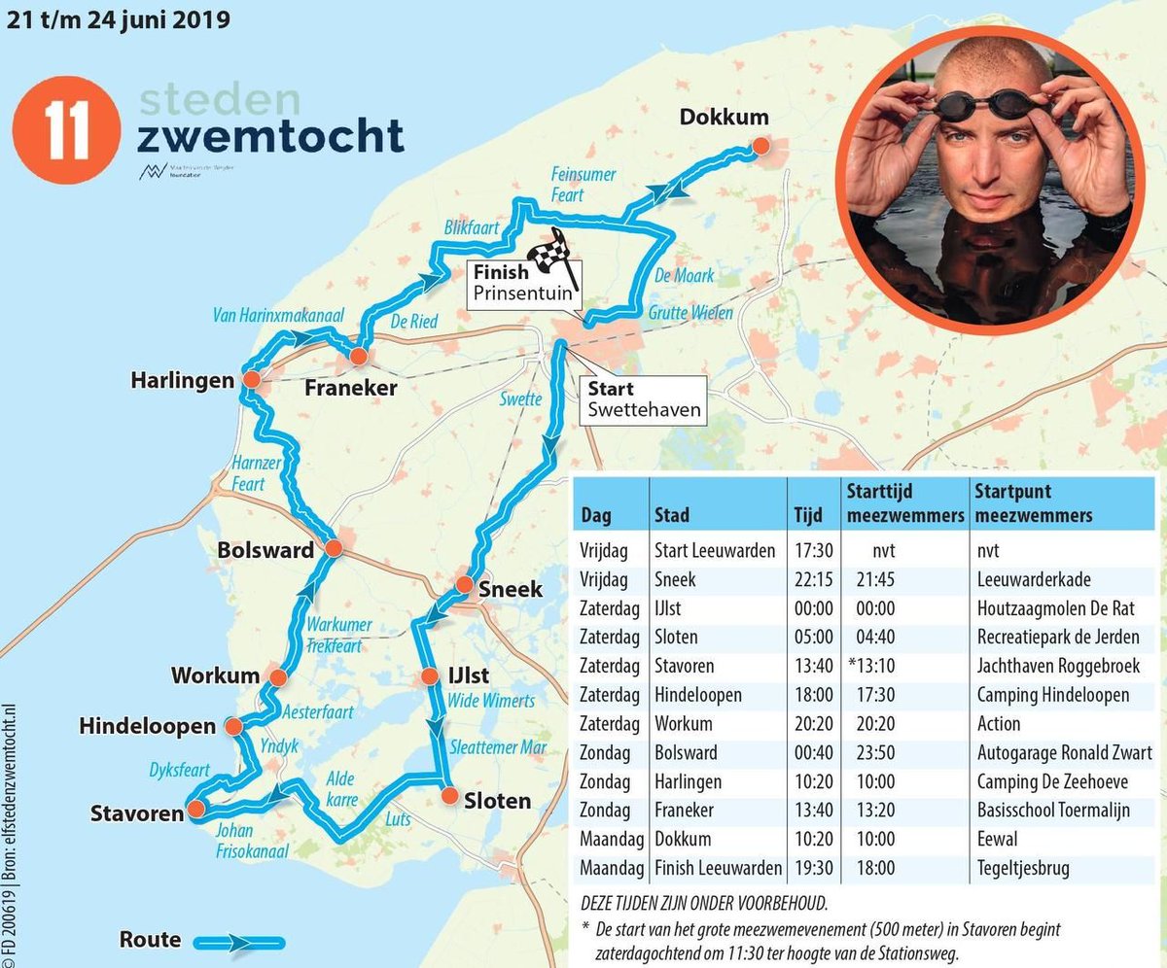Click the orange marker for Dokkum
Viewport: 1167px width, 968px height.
coord(760,146)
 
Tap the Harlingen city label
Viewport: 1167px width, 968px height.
coord(183,380)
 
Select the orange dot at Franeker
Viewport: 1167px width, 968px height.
coord(359,357)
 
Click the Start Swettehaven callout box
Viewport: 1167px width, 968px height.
coord(643,399)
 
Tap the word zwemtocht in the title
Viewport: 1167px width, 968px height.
coord(270,137)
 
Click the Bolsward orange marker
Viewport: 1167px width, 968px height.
coord(333,549)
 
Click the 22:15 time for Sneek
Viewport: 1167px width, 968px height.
coord(808,579)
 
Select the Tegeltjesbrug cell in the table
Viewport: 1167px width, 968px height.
coord(1024,868)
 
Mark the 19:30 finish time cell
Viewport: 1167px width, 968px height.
coord(808,868)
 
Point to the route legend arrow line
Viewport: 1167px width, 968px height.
coord(239,942)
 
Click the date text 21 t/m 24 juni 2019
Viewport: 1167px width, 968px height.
coord(119,19)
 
